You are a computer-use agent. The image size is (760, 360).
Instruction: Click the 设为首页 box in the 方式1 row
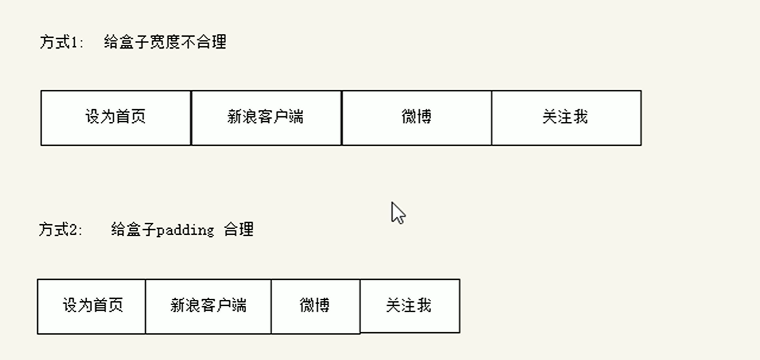pos(116,117)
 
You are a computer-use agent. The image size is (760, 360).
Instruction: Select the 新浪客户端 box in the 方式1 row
pos(266,117)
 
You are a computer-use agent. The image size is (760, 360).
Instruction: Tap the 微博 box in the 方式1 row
pos(416,117)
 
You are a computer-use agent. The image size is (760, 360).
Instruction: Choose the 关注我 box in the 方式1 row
pos(566,117)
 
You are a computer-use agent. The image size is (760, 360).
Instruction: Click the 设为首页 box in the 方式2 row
pos(92,306)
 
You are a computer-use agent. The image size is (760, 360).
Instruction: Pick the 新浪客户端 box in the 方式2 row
pos(208,306)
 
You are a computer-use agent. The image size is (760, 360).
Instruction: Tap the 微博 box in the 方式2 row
pos(315,306)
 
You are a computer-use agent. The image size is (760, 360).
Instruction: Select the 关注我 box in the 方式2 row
pos(409,306)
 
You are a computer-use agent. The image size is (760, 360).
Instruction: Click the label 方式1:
pos(61,42)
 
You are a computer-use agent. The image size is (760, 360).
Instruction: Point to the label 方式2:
pos(61,229)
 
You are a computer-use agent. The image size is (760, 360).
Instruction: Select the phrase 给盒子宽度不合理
pos(165,42)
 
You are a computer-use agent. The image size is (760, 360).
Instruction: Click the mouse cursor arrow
pos(398,213)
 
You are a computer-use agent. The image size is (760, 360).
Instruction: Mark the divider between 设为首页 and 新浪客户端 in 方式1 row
pos(191,117)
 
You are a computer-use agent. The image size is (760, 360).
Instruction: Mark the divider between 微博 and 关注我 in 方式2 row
pos(360,306)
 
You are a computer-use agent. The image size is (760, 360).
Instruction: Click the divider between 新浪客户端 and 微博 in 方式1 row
pos(341,117)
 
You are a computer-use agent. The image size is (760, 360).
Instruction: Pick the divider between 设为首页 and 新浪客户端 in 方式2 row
pos(145,306)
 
